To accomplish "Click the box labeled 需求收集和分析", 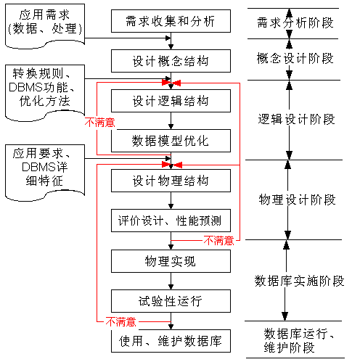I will (x=171, y=22).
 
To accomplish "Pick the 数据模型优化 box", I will (x=171, y=140).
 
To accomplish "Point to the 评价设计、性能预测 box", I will (x=171, y=220).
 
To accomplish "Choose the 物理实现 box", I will (x=171, y=260).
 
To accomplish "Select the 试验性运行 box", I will (x=171, y=300).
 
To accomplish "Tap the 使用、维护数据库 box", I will (x=171, y=340).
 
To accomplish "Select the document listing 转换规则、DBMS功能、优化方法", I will (x=44, y=90).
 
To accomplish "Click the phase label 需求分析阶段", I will (x=295, y=22).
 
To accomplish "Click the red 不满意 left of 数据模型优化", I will (x=100, y=122).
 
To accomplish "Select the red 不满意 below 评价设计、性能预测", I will (x=218, y=240).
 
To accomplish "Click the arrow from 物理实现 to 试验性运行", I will (x=171, y=281).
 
